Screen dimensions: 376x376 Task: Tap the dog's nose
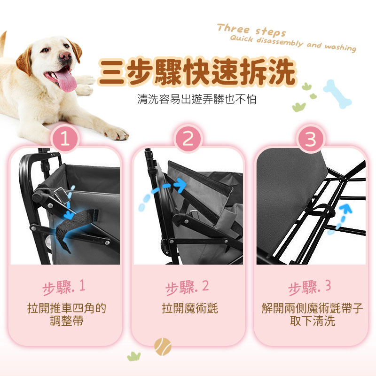pyautogui.click(x=65, y=56)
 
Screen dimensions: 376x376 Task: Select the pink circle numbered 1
pyautogui.click(x=65, y=139)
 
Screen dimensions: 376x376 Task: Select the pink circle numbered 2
pyautogui.click(x=188, y=139)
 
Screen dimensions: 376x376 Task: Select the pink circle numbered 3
pyautogui.click(x=311, y=139)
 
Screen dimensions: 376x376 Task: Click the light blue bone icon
pyautogui.click(x=337, y=94)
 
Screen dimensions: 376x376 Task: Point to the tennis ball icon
pyautogui.click(x=163, y=346)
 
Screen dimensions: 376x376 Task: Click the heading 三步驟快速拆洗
pyautogui.click(x=197, y=72)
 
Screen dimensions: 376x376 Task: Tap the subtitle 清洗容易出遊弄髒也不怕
pyautogui.click(x=197, y=99)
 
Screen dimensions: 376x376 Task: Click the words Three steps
pyautogui.click(x=251, y=31)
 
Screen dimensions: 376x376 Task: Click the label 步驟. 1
pyautogui.click(x=64, y=287)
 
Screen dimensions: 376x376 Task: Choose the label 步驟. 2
pyautogui.click(x=187, y=287)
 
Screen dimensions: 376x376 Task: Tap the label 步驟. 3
pyautogui.click(x=310, y=287)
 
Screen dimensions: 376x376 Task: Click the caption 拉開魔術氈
pyautogui.click(x=190, y=308)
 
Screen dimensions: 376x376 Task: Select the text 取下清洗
pyautogui.click(x=312, y=321)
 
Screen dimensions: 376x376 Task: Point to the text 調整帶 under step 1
pyautogui.click(x=67, y=321)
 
